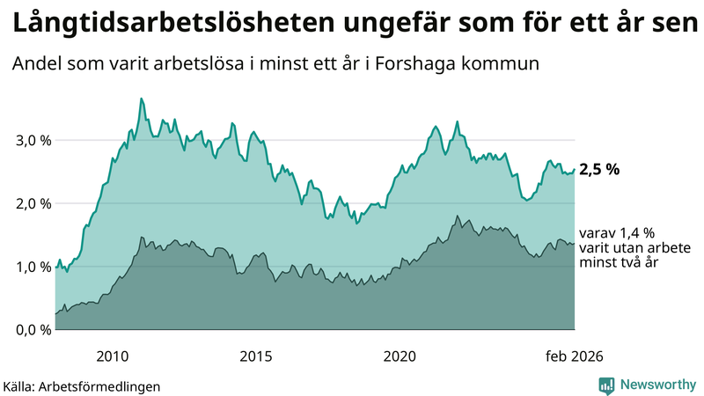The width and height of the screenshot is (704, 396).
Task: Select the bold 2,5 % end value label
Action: (x=599, y=170)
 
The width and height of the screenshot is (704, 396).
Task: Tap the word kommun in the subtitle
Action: (x=510, y=65)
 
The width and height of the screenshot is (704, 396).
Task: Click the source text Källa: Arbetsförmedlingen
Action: (x=82, y=385)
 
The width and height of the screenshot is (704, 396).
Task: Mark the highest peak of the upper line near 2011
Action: (x=142, y=99)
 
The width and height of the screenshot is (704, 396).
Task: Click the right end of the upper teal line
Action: (x=575, y=170)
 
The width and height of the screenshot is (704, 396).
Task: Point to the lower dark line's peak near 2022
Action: (x=457, y=216)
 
